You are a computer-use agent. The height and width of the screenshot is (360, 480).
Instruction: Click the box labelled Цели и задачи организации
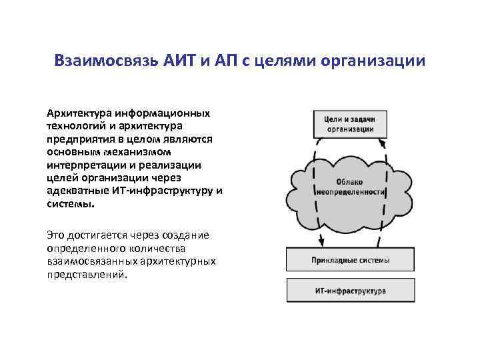(x=349, y=123)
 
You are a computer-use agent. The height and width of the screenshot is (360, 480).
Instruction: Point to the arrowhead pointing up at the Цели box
(x=383, y=143)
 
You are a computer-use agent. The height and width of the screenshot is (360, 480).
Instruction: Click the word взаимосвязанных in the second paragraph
(x=89, y=261)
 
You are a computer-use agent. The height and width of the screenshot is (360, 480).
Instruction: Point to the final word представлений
(x=85, y=275)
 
